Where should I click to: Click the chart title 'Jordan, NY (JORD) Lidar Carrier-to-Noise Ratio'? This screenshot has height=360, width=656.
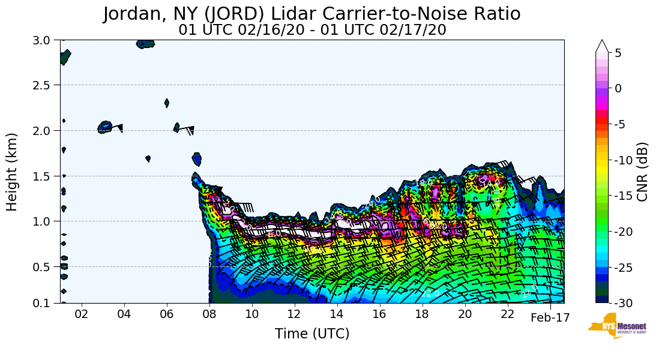[311, 14]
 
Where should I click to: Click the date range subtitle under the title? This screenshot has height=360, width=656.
[312, 30]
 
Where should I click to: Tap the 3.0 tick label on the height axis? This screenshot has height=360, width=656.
[46, 40]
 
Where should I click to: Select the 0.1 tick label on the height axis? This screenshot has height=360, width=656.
[46, 303]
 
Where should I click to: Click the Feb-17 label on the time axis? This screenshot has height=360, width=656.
[550, 318]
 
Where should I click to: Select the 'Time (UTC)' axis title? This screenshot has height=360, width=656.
[312, 334]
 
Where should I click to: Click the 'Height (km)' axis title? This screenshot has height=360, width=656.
[13, 172]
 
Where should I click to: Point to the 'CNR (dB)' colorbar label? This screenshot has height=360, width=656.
[642, 172]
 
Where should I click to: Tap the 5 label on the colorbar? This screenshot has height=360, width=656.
[618, 53]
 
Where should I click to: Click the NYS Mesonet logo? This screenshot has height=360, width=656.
[613, 326]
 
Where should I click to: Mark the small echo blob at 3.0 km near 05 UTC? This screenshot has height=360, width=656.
[145, 44]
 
